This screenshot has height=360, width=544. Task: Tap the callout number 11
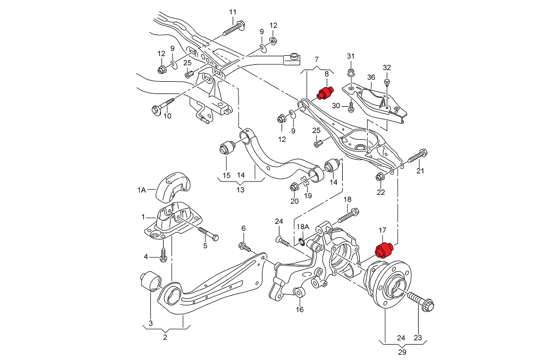coord(232,12)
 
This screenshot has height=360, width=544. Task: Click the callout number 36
coord(371,78)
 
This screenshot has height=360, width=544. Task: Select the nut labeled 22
coord(380,177)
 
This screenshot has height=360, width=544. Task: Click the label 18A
coord(302,227)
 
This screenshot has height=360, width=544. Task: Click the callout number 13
coord(241,190)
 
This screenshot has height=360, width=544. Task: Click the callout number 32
coord(387,67)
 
